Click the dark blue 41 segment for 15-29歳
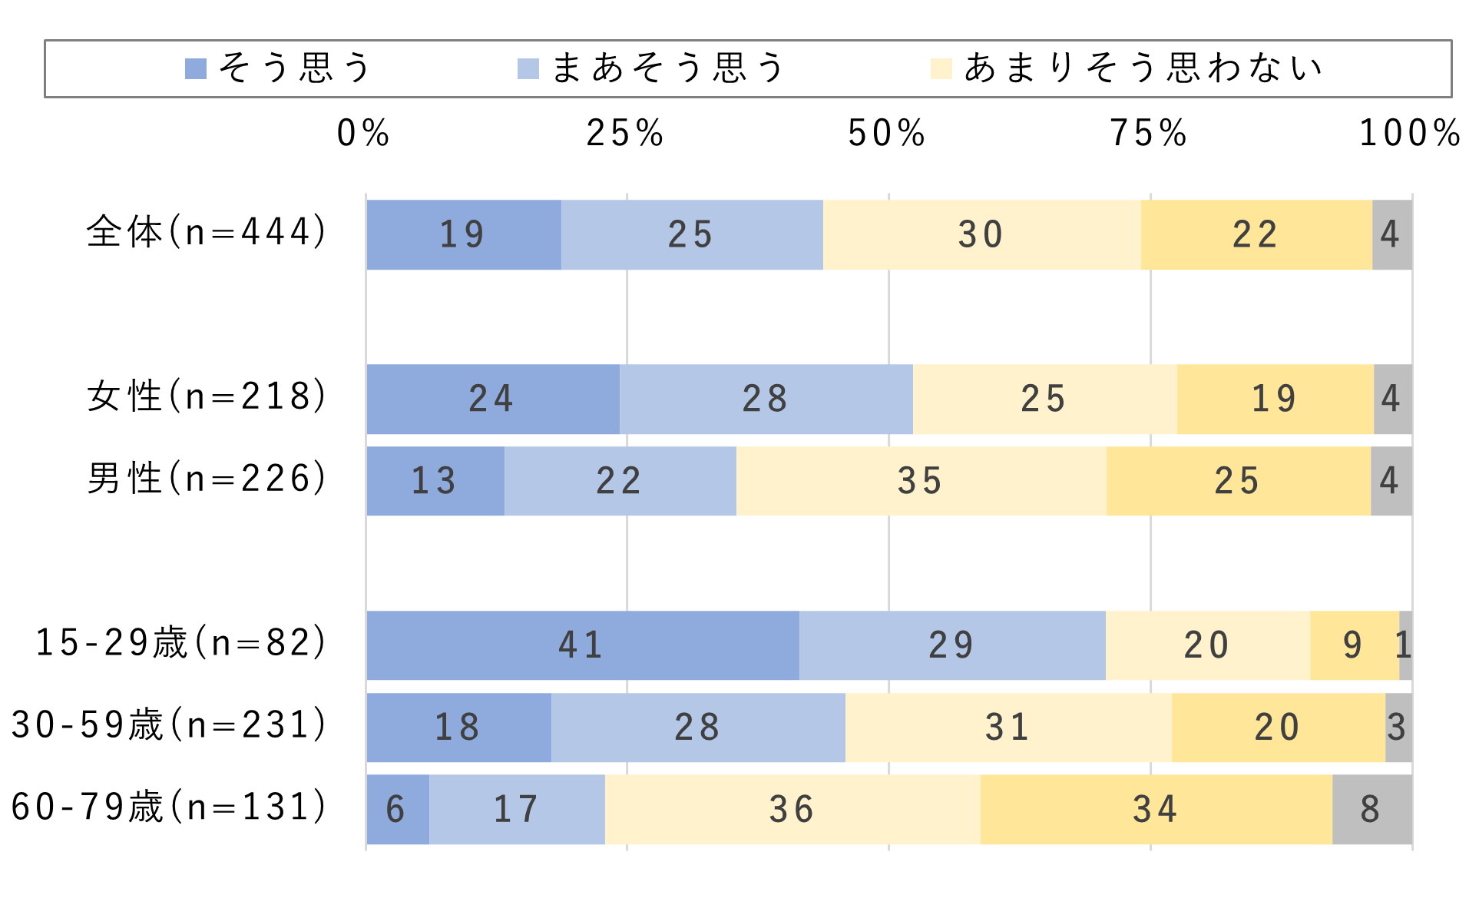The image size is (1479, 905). [x=582, y=645]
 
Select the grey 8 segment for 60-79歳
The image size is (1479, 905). [x=1371, y=810]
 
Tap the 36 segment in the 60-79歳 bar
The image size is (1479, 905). [x=792, y=810]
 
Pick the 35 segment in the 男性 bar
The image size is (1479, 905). [x=921, y=482]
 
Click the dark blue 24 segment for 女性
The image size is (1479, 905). [x=492, y=399]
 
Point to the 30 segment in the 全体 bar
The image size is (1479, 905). [x=981, y=235]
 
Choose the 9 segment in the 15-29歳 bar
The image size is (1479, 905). [x=1354, y=645]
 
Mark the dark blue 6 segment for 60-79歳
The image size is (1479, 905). [x=397, y=810]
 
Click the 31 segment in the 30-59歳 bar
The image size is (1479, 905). [x=1008, y=728]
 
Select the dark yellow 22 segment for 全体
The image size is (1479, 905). [x=1256, y=235]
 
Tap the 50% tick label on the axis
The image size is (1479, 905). [x=887, y=134]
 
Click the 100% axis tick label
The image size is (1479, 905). [x=1410, y=134]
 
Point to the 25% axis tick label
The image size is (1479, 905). [x=625, y=134]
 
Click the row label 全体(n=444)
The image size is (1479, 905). [x=207, y=232]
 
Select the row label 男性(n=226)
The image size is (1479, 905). [x=207, y=479]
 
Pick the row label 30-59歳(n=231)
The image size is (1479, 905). [x=170, y=725]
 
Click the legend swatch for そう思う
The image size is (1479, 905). [x=196, y=69]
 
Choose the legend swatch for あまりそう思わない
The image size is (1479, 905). [x=941, y=69]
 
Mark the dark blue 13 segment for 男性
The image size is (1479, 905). [x=435, y=482]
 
